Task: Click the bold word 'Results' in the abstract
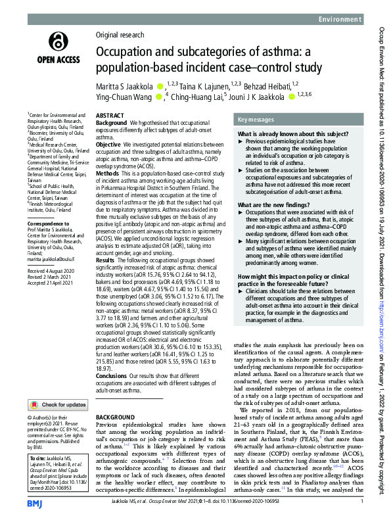click(107, 242)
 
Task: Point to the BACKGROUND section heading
click(115, 417)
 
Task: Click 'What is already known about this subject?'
click(285, 134)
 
